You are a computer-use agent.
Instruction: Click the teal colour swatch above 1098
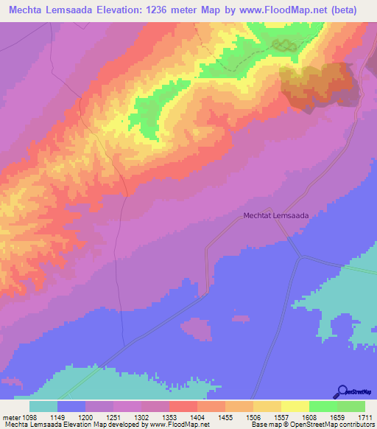point(43,406)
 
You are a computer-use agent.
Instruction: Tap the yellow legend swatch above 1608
point(295,406)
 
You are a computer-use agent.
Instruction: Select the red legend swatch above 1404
point(183,406)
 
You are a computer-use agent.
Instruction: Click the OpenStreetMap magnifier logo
point(342,391)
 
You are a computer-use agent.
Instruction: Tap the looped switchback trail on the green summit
point(285,46)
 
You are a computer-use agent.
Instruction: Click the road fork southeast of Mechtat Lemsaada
point(300,257)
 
